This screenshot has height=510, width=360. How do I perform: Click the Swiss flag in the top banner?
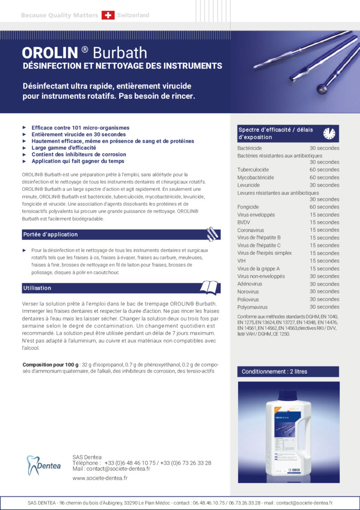point(108,15)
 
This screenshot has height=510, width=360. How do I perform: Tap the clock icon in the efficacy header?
point(329,133)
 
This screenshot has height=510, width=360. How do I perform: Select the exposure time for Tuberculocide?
point(324,170)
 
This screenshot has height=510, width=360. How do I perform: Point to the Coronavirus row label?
point(253,230)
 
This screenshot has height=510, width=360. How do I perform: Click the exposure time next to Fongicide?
point(324,207)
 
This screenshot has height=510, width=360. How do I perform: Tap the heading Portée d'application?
point(50,235)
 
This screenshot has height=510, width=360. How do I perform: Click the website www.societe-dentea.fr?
point(100,478)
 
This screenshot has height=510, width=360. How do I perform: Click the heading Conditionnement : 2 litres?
point(275,372)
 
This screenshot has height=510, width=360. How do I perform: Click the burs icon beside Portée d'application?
point(212,234)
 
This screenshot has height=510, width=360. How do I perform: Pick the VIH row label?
point(242,261)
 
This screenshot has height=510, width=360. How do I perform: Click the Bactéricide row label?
point(249,148)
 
